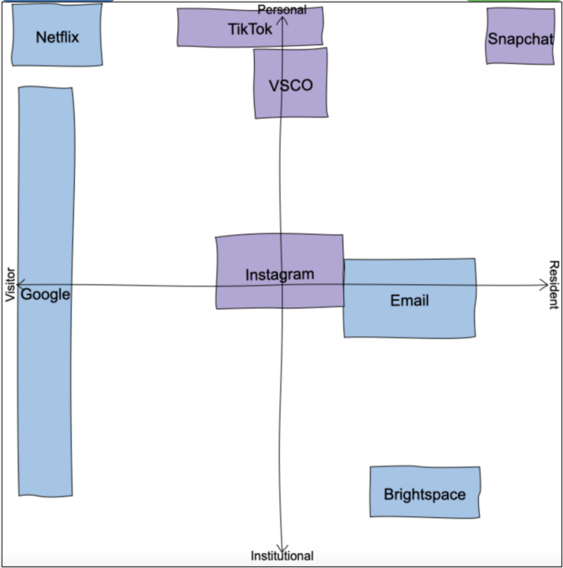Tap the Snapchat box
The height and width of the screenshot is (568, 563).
521,37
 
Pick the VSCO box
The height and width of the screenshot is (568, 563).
291,83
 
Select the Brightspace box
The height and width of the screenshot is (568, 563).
425,492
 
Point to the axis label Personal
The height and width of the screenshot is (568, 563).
281,9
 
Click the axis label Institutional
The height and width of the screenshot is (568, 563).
282,556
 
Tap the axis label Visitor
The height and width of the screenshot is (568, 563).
10,285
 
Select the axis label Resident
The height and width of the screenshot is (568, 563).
554,285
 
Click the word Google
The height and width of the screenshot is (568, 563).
45,294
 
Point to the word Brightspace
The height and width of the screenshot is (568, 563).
425,495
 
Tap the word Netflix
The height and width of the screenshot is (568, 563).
57,37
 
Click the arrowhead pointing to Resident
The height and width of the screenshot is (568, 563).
544,285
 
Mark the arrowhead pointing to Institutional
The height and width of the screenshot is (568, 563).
283,546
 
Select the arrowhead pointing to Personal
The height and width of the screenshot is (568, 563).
283,19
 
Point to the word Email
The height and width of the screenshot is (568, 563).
410,301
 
